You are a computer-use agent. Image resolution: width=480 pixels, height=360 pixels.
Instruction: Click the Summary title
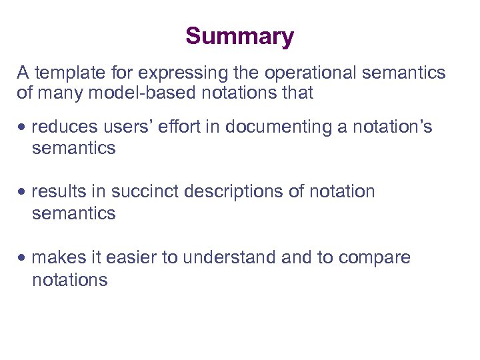(x=239, y=36)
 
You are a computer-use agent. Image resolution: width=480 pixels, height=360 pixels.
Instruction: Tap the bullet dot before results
(x=23, y=192)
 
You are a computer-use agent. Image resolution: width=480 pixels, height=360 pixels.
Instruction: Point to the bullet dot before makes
(x=23, y=257)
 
